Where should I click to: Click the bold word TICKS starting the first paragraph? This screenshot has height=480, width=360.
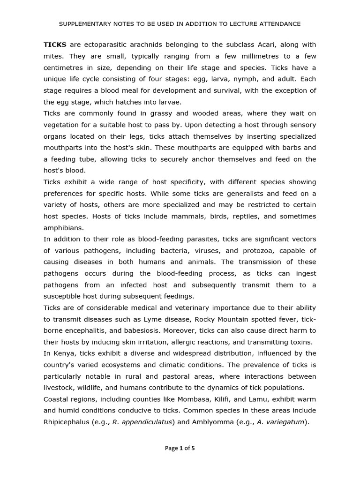(x=54, y=45)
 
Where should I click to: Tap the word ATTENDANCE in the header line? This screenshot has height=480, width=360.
(x=279, y=24)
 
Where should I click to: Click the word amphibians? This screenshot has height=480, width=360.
(x=63, y=228)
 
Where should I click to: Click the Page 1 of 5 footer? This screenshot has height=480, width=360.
(x=180, y=448)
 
